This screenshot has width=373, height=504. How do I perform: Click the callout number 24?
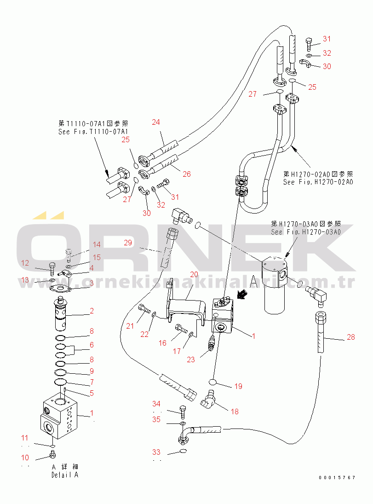(x=156, y=122)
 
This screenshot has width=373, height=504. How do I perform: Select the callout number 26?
(x=187, y=174)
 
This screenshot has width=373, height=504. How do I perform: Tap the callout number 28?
(x=350, y=337)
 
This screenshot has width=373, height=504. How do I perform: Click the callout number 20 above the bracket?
(x=194, y=274)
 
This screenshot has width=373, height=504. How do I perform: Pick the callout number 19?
(x=238, y=386)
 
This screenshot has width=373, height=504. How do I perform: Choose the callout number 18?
(x=235, y=411)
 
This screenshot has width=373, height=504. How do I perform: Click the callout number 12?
(x=25, y=263)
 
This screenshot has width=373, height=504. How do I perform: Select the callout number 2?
(x=92, y=311)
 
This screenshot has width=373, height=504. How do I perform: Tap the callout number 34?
(x=157, y=404)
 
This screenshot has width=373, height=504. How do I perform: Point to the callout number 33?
(x=157, y=452)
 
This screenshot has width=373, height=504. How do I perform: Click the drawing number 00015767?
(x=337, y=478)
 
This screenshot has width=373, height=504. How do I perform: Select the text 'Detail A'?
(x=65, y=475)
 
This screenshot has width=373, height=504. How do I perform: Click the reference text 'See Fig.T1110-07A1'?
(x=93, y=132)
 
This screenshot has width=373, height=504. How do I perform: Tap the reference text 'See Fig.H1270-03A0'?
(x=306, y=232)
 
